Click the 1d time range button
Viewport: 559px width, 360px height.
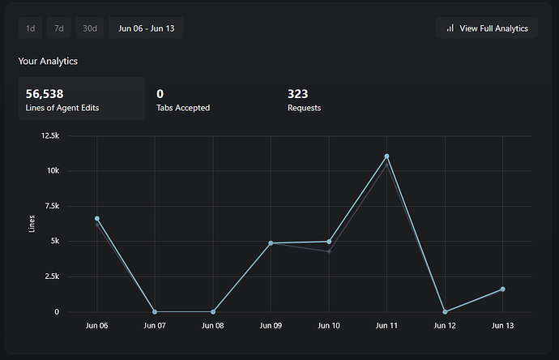point(30,28)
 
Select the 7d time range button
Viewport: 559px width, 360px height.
point(58,28)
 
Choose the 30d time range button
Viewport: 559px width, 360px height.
point(89,28)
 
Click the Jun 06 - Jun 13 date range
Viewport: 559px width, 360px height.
point(147,28)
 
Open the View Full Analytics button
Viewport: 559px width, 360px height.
point(486,28)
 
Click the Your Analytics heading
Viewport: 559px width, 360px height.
point(48,61)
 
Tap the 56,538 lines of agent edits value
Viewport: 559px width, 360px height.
point(45,94)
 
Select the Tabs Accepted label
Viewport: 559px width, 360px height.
point(183,108)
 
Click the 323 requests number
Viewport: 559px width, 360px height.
point(297,94)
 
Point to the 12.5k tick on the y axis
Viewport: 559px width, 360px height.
point(72,136)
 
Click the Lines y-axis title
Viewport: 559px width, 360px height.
point(32,224)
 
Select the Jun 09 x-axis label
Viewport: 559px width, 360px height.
point(271,326)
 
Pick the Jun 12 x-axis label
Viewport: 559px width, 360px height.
point(445,326)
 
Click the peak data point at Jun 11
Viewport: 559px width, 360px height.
point(387,156)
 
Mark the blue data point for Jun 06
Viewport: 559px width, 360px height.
point(97,219)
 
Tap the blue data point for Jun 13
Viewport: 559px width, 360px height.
point(503,289)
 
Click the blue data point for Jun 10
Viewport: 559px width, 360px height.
point(329,242)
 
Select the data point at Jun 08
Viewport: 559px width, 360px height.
point(213,312)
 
